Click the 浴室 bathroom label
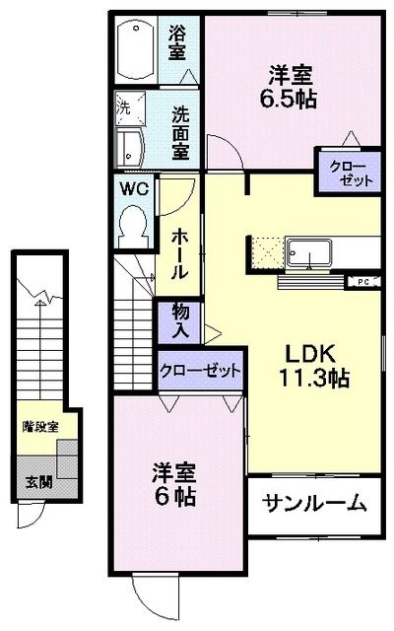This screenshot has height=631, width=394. point(177,42)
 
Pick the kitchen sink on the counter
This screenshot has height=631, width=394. point(310,252)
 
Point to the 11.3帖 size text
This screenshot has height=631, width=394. point(311,377)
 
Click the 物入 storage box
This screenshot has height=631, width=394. point(181,319)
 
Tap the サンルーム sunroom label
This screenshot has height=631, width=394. point(314,504)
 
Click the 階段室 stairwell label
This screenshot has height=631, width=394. point(40,427)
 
